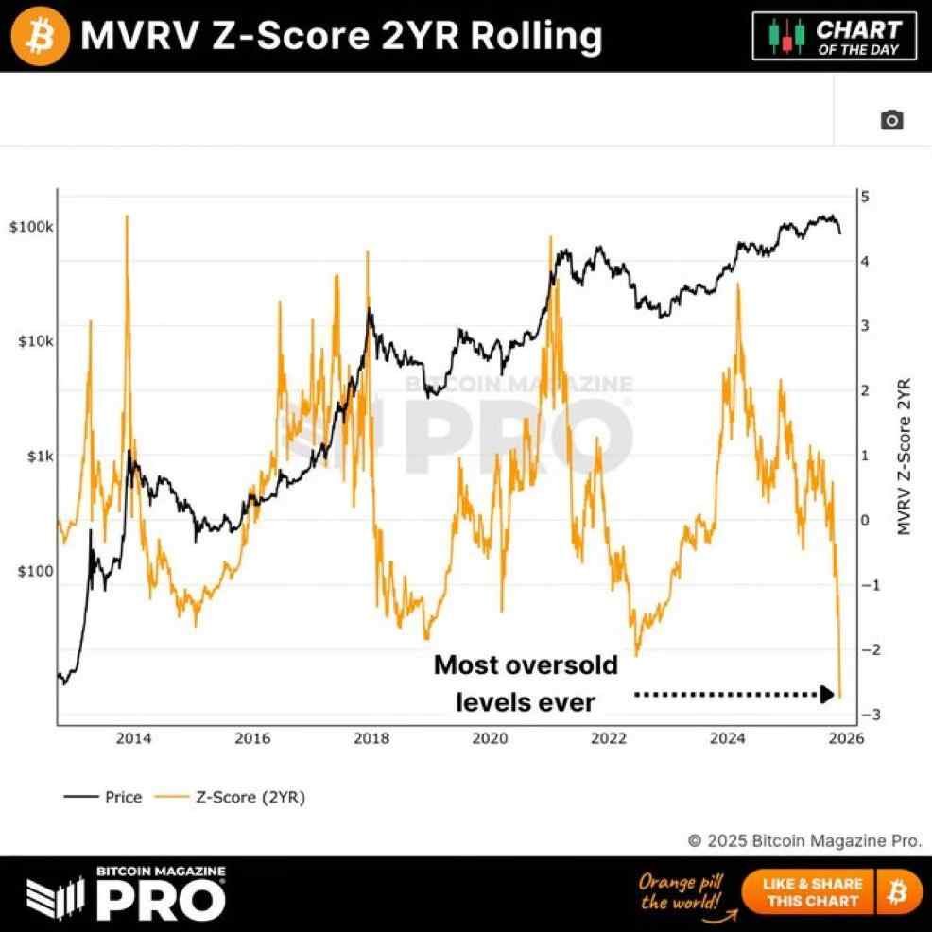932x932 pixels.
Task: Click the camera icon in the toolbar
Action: pyautogui.click(x=891, y=120)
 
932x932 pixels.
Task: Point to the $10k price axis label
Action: pyautogui.click(x=37, y=341)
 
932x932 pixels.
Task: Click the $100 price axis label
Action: pyautogui.click(x=37, y=571)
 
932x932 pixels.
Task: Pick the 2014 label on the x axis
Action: pyautogui.click(x=133, y=739)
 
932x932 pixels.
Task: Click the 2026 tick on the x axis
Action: pyautogui.click(x=845, y=739)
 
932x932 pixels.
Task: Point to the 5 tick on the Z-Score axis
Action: pyautogui.click(x=864, y=197)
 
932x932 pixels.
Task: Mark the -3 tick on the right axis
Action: pyautogui.click(x=861, y=715)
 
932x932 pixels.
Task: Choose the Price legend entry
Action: pyautogui.click(x=103, y=797)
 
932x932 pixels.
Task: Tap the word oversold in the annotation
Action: pyautogui.click(x=558, y=665)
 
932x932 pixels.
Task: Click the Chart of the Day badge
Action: pyautogui.click(x=835, y=36)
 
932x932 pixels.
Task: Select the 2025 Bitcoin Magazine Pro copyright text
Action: pyautogui.click(x=803, y=840)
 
